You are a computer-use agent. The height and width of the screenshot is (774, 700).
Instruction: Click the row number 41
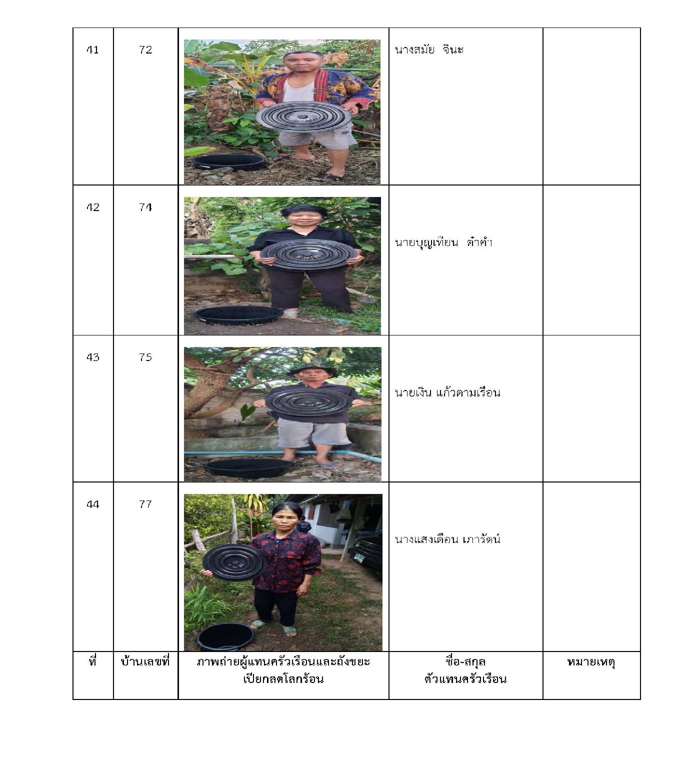coord(92,50)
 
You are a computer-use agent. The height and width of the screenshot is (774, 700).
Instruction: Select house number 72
coord(145,50)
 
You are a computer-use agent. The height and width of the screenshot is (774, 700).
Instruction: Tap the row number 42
coord(92,207)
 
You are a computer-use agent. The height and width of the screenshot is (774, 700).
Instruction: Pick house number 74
coord(145,207)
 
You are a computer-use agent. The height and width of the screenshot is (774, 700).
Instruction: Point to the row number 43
coord(92,357)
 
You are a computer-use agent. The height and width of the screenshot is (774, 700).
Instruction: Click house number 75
coord(145,357)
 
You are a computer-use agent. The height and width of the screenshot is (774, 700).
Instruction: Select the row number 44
coord(92,504)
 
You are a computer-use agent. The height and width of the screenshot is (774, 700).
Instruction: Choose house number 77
coord(145,504)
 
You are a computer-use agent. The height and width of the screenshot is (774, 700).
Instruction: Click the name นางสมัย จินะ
coord(429,49)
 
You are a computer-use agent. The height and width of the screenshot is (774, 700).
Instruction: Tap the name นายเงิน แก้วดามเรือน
coord(447,392)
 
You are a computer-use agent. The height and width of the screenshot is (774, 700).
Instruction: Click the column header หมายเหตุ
coord(591,663)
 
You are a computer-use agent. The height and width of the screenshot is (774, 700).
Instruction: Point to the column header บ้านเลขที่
coord(145,662)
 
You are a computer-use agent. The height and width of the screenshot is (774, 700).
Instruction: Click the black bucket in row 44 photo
coord(225,637)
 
